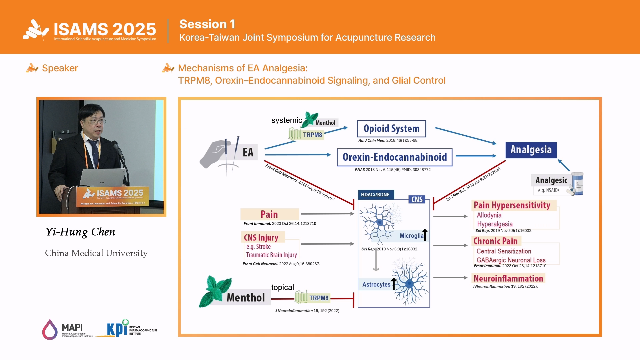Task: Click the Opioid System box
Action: pos(391,129)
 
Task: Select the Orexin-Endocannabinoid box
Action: pos(395,157)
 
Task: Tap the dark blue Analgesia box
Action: pos(531,150)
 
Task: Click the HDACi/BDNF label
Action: pos(375,195)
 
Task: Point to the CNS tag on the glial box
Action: pos(417,199)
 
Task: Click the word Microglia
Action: pos(411,236)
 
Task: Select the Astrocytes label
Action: pos(376,284)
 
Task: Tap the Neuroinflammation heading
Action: pos(508,278)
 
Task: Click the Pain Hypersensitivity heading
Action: pos(512,205)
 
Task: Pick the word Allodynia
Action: pos(489,215)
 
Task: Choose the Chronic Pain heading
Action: pos(495,241)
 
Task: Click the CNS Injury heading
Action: pos(261,237)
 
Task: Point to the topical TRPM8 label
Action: pos(319,298)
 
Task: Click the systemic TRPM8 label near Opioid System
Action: pos(312,135)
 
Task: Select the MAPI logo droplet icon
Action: pos(50,330)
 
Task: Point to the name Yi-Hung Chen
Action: pos(80,232)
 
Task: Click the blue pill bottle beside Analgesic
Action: pos(578,183)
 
